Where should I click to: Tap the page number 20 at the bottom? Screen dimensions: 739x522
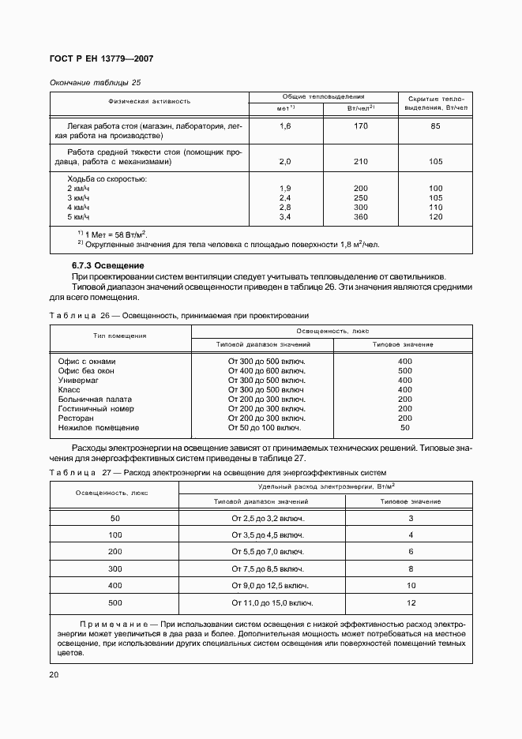tap(54, 674)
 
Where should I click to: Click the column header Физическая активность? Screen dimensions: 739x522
tap(149, 101)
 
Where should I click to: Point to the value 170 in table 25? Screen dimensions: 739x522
tap(360, 126)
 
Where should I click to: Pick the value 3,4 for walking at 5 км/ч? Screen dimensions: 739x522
tap(286, 216)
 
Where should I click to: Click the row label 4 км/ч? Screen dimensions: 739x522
tap(79, 207)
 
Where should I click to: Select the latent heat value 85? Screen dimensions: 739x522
tap(434, 126)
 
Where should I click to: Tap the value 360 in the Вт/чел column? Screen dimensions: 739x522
tap(360, 216)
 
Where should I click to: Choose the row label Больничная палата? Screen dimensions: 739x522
tap(95, 399)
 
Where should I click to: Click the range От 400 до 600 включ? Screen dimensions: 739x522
tap(266, 370)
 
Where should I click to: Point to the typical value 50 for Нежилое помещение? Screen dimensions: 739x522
tap(404, 427)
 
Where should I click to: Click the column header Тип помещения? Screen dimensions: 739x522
tap(120, 336)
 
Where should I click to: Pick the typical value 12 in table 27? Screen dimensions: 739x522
tap(411, 604)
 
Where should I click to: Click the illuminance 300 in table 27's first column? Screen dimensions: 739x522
tap(115, 568)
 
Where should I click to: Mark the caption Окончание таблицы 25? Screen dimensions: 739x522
tap(95, 82)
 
